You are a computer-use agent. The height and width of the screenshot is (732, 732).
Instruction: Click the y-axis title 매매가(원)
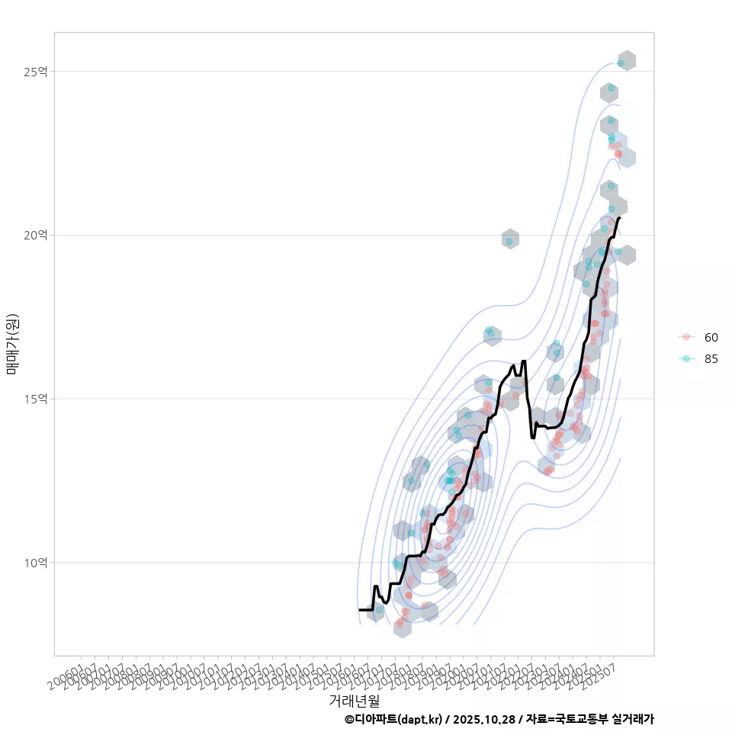coord(12,344)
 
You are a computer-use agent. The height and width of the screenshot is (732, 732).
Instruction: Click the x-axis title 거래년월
coord(354,699)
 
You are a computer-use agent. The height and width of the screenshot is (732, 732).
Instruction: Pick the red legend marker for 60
coord(686,337)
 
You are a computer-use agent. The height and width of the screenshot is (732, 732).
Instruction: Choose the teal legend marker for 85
coord(686,359)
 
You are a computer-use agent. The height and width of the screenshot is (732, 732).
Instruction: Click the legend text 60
coord(711,337)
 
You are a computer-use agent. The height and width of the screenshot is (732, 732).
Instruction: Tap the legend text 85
coord(711,359)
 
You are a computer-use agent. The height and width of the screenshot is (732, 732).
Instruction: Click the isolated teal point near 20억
coord(509,242)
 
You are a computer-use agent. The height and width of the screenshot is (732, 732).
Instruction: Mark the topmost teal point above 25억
coord(621,63)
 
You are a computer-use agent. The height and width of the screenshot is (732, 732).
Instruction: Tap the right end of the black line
coord(619,218)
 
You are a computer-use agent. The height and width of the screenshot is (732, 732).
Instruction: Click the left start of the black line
coord(359,609)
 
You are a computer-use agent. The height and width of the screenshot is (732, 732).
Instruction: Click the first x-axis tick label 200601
coord(67,674)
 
